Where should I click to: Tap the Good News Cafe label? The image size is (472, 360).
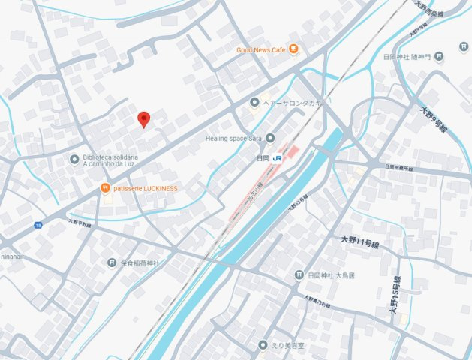261,50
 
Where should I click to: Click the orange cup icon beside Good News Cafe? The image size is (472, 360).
293,49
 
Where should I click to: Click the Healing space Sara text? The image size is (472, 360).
233,139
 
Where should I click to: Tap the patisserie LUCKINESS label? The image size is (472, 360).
146,188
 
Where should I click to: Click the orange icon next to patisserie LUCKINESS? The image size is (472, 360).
106,188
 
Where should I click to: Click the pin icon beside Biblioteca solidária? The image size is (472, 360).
74,159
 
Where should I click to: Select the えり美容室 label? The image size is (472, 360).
287,345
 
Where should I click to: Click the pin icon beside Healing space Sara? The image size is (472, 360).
270,138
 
